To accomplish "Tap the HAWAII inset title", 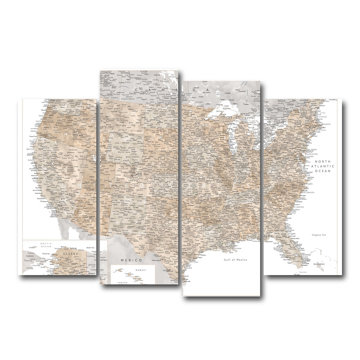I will click(140, 270).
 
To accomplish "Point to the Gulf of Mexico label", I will click(235, 260).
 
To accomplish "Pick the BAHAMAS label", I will click(319, 264).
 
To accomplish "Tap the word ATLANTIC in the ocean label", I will click(322, 166).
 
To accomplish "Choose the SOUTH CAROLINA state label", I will click(297, 207).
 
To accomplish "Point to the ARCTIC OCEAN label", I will click(46, 245).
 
